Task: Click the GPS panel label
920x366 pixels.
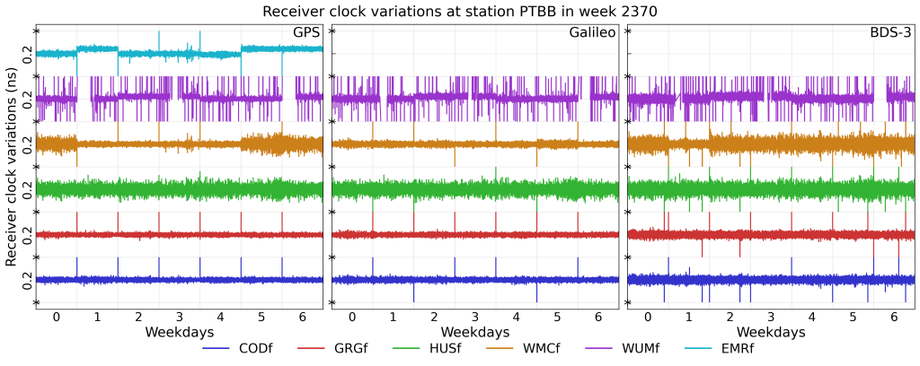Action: [x=305, y=33]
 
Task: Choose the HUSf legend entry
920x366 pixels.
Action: [x=443, y=349]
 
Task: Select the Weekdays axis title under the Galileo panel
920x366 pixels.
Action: [x=475, y=333]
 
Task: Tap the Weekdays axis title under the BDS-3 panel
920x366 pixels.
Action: [x=771, y=333]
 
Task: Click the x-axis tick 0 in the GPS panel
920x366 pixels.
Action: [x=56, y=318]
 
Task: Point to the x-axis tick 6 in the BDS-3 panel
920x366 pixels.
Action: [x=894, y=318]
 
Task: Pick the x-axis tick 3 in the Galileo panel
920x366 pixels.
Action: [x=475, y=318]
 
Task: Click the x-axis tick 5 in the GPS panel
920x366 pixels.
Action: [x=261, y=318]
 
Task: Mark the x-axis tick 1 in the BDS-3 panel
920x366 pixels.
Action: [x=688, y=318]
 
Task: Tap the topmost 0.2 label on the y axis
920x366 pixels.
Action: [x=28, y=54]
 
